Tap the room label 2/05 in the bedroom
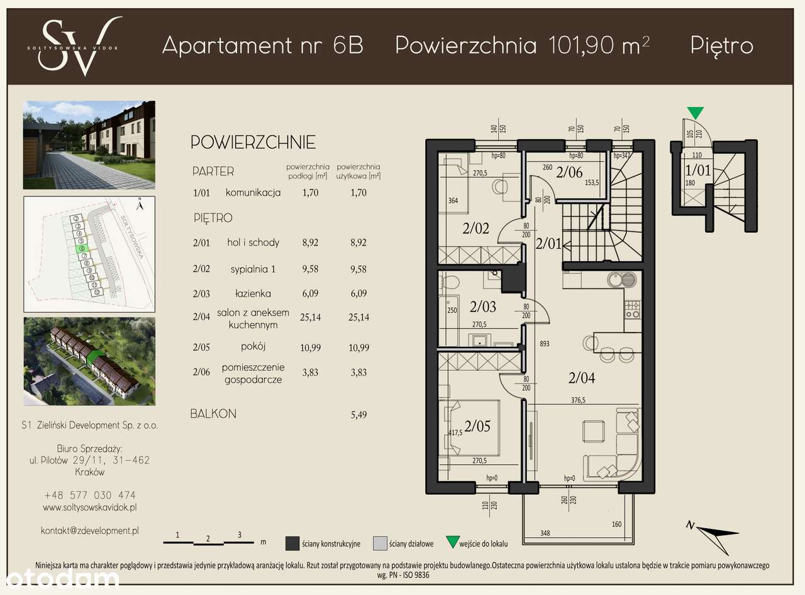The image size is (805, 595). click(x=477, y=426)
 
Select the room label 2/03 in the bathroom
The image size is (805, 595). click(x=482, y=307)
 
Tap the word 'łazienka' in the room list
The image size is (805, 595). click(x=253, y=293)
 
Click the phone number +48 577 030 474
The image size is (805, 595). click(x=89, y=495)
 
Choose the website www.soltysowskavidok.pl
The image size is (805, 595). click(x=89, y=507)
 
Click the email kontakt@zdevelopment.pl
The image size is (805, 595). click(x=89, y=531)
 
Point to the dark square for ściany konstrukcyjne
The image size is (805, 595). click(x=292, y=543)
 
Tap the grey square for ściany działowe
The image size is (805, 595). click(x=380, y=543)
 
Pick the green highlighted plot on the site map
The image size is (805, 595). click(x=79, y=249)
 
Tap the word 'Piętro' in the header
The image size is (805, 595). click(x=721, y=45)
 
